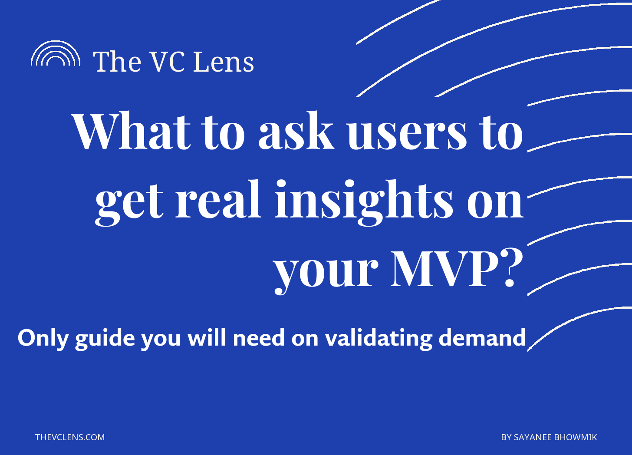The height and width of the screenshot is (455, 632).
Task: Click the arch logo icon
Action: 56,43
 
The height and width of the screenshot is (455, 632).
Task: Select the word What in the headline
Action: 131,131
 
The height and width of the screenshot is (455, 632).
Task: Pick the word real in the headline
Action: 218,199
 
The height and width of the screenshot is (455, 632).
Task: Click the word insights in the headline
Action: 364,203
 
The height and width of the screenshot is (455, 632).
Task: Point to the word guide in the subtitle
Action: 105,339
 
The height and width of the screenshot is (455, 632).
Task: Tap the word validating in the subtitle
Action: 379,339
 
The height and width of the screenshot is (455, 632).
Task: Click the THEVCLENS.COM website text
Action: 70,437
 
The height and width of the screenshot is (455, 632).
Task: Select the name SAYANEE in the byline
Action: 533,437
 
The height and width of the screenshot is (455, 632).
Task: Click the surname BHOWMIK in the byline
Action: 576,437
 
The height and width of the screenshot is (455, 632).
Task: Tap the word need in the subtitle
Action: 258,338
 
